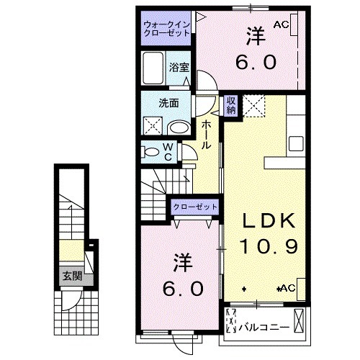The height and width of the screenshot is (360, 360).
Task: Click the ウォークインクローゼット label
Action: (x=166, y=29)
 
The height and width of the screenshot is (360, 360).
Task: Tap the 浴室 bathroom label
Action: (x=179, y=68)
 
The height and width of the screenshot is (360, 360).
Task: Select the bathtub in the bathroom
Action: (x=153, y=68)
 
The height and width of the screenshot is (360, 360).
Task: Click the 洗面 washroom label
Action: (x=168, y=103)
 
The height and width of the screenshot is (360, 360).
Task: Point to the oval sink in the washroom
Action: (x=180, y=127)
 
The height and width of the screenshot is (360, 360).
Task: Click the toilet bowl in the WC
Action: (x=151, y=152)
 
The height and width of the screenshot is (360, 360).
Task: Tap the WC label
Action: (x=168, y=152)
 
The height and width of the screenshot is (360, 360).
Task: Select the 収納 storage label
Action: (x=231, y=105)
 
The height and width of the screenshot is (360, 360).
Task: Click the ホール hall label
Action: (x=206, y=135)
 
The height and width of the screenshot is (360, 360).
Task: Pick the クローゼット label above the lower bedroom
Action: (x=195, y=207)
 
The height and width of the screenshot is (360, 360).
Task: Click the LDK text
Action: (x=269, y=221)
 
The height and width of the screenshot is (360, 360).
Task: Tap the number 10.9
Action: (x=269, y=246)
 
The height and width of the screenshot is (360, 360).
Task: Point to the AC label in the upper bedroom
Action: (x=282, y=24)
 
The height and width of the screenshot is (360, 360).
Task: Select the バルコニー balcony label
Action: (x=264, y=328)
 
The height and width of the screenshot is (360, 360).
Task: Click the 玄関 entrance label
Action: (x=73, y=276)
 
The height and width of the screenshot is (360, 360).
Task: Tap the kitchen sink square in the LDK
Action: (x=296, y=143)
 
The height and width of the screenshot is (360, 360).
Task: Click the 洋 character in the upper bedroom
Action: (x=256, y=37)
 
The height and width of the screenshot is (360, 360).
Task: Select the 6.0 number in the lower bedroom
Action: (x=184, y=289)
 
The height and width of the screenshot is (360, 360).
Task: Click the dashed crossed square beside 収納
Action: (x=254, y=106)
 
